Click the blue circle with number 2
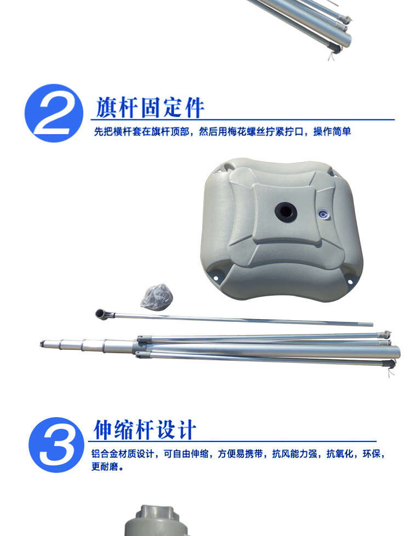[54, 113]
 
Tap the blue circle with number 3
[56, 445]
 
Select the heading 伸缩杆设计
[145, 430]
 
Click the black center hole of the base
[286, 212]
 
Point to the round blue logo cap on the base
[323, 214]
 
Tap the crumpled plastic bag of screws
[157, 297]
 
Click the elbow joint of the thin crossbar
[102, 314]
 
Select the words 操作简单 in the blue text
[332, 131]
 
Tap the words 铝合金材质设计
[123, 454]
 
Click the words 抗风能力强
[294, 454]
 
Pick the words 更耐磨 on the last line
[105, 466]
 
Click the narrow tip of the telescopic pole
[42, 343]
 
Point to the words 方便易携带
[240, 454]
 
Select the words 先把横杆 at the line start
[113, 131]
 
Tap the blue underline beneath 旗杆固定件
[243, 120]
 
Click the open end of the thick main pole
[397, 353]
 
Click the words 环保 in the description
[372, 454]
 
